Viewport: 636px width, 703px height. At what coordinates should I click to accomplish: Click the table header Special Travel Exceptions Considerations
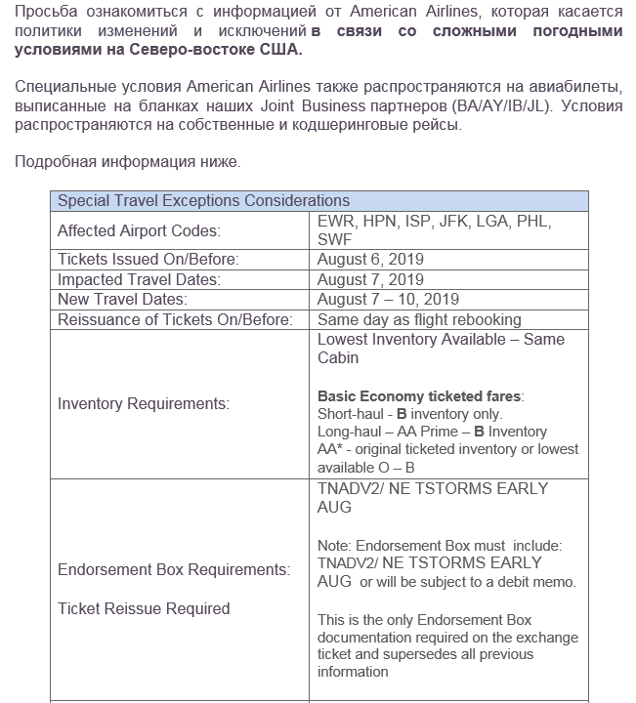(203, 201)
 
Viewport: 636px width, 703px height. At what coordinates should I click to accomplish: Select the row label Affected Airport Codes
(139, 231)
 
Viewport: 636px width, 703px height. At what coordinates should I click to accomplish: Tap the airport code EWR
(337, 222)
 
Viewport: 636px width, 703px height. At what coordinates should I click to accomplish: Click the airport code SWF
(335, 240)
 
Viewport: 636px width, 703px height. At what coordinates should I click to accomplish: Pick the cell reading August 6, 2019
(370, 260)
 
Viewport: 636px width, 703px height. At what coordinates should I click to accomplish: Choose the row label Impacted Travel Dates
(138, 279)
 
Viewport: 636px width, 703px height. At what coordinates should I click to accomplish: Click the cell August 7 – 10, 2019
(388, 299)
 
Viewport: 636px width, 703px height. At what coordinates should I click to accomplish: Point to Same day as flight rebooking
(419, 319)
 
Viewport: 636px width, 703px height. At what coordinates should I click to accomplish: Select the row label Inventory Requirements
(144, 403)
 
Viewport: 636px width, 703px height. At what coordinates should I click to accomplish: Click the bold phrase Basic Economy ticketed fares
(419, 396)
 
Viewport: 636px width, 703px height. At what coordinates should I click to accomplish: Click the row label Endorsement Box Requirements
(174, 569)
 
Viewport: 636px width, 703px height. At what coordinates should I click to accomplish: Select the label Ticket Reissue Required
(144, 608)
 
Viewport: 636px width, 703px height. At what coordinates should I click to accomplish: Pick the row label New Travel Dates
(121, 299)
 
